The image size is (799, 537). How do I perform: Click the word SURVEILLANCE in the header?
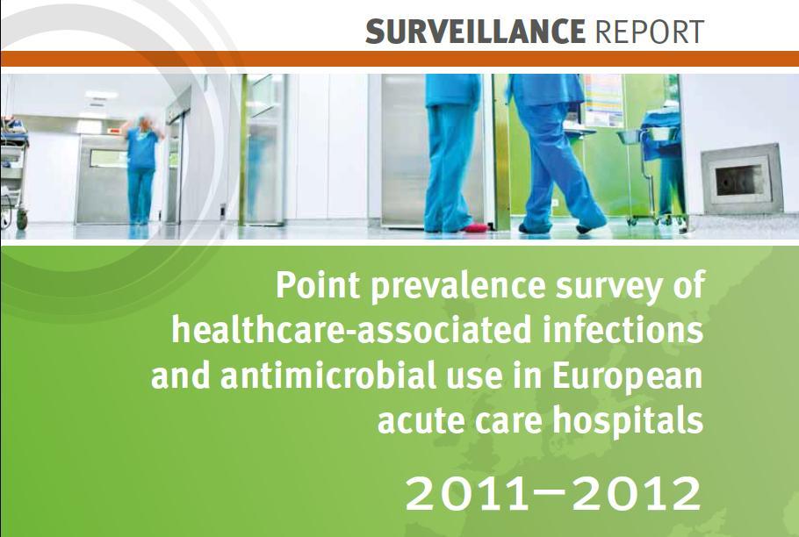(475, 32)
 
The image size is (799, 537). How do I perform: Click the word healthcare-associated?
(351, 330)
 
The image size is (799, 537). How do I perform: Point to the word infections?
(623, 330)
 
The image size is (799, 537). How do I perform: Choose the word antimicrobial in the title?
(328, 376)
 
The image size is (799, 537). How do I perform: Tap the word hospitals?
(628, 422)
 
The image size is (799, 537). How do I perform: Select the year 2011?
(467, 493)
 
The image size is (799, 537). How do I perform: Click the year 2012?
(637, 493)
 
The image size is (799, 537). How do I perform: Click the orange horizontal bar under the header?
(399, 59)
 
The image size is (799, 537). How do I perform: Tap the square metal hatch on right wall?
(742, 179)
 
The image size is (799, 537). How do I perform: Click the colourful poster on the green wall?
(603, 100)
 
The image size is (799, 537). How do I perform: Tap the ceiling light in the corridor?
(101, 95)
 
